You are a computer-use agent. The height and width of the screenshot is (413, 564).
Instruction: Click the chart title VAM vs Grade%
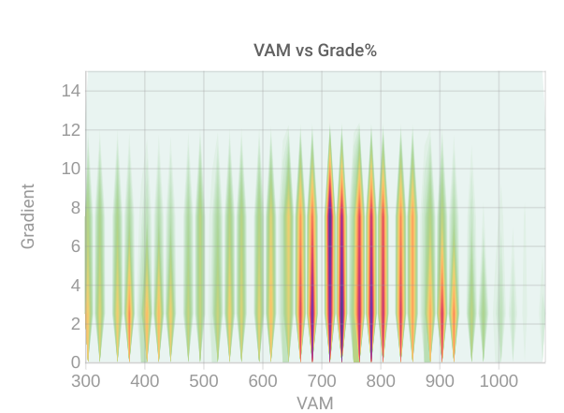315,51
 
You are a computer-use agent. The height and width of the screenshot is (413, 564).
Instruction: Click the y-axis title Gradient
28,216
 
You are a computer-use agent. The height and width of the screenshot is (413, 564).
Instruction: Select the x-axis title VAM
315,403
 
